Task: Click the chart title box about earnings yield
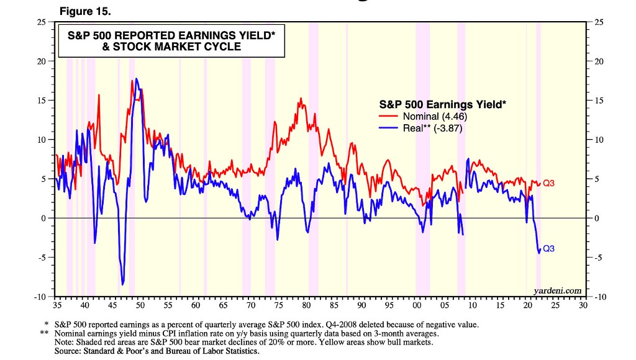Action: (x=171, y=42)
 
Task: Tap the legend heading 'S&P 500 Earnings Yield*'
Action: (x=442, y=104)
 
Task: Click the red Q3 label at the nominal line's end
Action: (x=548, y=183)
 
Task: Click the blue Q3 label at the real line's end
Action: (x=548, y=248)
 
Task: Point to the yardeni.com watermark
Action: (x=558, y=290)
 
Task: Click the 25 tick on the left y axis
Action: (x=41, y=22)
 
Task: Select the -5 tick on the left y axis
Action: (x=42, y=257)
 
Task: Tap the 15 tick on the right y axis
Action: (x=599, y=101)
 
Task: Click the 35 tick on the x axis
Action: (x=57, y=306)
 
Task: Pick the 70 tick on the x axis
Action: (x=250, y=306)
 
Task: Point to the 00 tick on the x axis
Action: (x=416, y=306)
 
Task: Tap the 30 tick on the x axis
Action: (x=582, y=306)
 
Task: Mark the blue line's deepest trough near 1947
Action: (x=123, y=284)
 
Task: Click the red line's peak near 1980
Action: (x=301, y=99)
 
